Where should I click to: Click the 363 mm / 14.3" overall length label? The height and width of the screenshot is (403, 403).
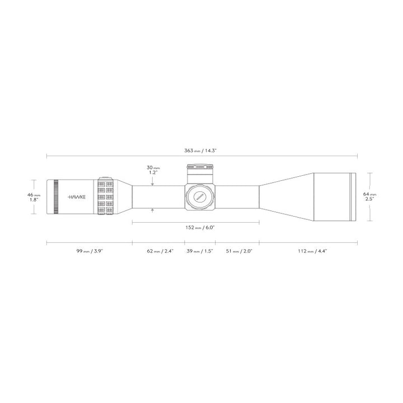pyautogui.click(x=200, y=151)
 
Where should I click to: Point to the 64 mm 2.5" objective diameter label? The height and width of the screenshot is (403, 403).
pyautogui.click(x=369, y=197)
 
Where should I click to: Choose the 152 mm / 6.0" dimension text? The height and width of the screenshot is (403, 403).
pyautogui.click(x=195, y=228)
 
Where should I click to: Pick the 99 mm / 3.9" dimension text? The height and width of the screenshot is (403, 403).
pyautogui.click(x=89, y=251)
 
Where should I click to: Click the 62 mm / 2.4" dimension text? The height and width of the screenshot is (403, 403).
pyautogui.click(x=160, y=251)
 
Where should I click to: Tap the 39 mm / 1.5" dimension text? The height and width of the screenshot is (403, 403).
pyautogui.click(x=200, y=251)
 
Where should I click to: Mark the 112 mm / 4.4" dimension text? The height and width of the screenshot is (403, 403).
pyautogui.click(x=313, y=251)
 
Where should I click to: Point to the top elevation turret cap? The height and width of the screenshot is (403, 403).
pyautogui.click(x=200, y=167)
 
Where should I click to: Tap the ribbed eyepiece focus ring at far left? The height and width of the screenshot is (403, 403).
pyautogui.click(x=56, y=197)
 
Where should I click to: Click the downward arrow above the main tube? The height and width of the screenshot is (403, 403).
pyautogui.click(x=152, y=182)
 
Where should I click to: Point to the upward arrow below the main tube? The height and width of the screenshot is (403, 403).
pyautogui.click(x=152, y=210)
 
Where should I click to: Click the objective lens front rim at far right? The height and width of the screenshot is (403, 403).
pyautogui.click(x=353, y=196)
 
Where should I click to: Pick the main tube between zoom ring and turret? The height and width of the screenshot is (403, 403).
pyautogui.click(x=158, y=196)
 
